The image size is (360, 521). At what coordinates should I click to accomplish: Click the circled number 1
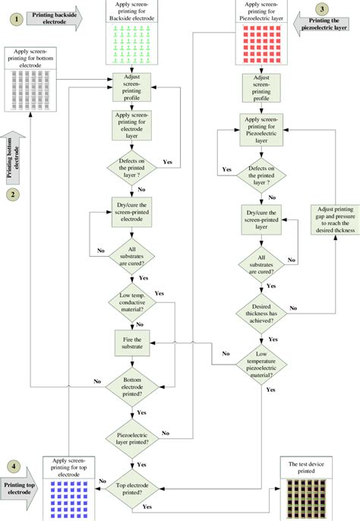(x=17, y=19)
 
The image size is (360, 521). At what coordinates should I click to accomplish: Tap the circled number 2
(x=13, y=194)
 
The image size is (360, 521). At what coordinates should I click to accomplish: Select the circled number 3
(x=322, y=9)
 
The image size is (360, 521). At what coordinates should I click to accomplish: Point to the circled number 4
(x=14, y=466)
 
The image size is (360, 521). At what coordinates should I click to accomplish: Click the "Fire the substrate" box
(x=132, y=343)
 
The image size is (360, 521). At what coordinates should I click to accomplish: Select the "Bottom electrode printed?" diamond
(x=132, y=387)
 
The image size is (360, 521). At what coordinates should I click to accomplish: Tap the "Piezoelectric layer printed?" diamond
(x=132, y=439)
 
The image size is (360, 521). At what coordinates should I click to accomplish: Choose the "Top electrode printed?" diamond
(x=132, y=489)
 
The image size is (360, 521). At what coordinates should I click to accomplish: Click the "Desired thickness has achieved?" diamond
(x=261, y=314)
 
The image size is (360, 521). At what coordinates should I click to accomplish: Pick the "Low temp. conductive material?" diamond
(x=132, y=302)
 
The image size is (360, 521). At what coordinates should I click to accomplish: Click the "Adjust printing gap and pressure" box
(x=335, y=219)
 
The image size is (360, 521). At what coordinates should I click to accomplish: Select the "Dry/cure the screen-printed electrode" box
(x=131, y=212)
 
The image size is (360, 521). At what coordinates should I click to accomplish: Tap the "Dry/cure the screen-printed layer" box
(x=261, y=220)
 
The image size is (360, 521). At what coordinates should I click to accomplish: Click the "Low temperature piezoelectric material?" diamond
(x=261, y=365)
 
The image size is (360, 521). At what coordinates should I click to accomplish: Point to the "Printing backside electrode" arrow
(x=54, y=18)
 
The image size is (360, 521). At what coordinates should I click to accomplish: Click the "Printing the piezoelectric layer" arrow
(x=321, y=24)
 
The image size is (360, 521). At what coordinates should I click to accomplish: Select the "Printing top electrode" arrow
(x=19, y=488)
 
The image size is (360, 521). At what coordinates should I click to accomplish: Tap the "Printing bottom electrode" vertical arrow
(x=13, y=158)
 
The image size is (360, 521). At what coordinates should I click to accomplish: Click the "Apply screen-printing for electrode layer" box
(x=131, y=125)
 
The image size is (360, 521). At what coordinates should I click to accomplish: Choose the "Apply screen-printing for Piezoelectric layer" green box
(x=261, y=130)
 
